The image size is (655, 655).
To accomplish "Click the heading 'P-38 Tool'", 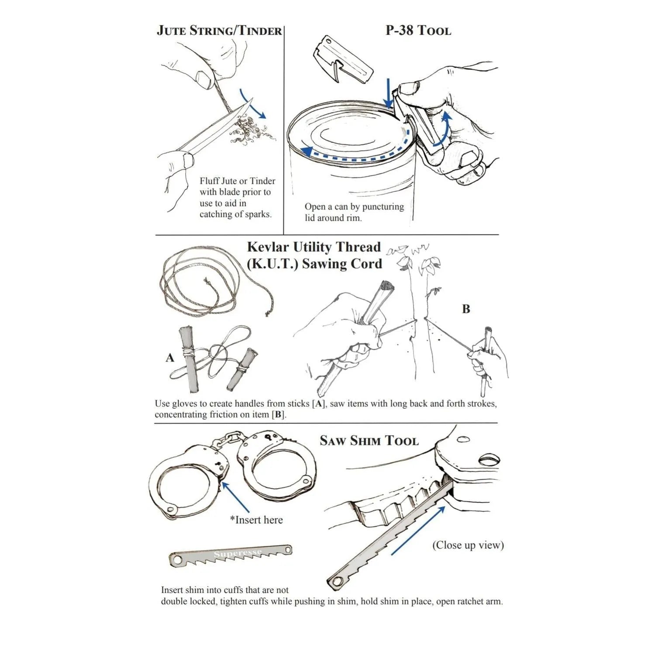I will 418,30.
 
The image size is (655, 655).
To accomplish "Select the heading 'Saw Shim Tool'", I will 369,441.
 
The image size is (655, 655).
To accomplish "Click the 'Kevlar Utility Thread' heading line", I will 314,247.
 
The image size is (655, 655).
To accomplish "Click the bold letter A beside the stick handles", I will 170,358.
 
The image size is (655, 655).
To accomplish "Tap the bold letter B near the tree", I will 466,309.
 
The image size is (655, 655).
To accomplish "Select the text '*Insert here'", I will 256,520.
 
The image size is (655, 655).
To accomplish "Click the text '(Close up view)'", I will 468,545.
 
